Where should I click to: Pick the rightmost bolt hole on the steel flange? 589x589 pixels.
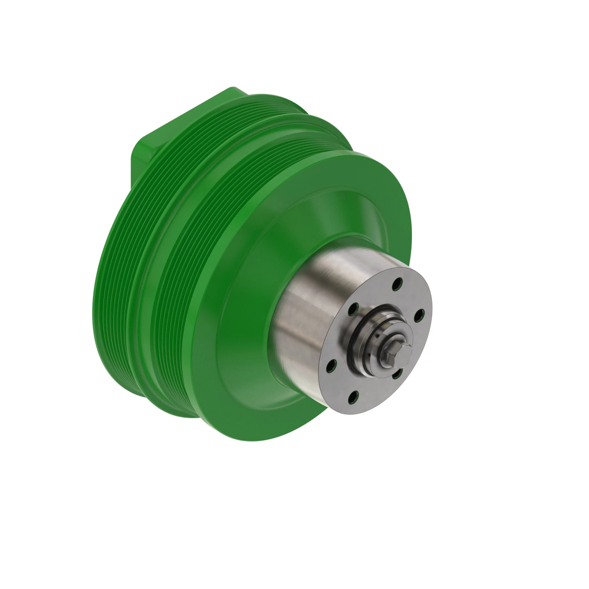coord(419,315)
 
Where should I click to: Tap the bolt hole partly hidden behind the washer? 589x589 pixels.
coord(397,373)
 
